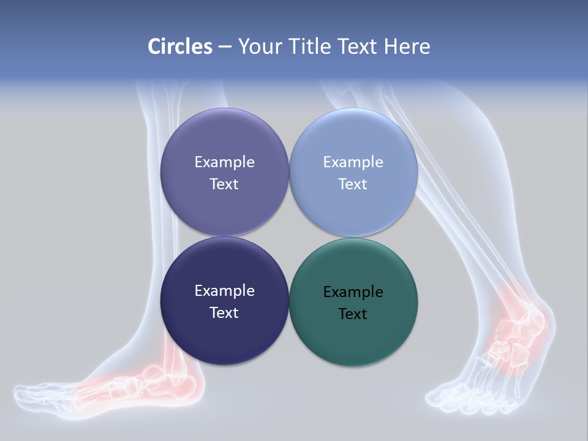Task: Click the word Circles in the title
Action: pos(179,47)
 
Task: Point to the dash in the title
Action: pos(225,47)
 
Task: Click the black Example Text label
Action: pos(353,303)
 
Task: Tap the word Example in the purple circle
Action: pos(224,162)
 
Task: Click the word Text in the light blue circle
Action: pos(353,184)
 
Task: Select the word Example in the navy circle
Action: pos(224,290)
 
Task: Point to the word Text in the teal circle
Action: pos(353,314)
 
